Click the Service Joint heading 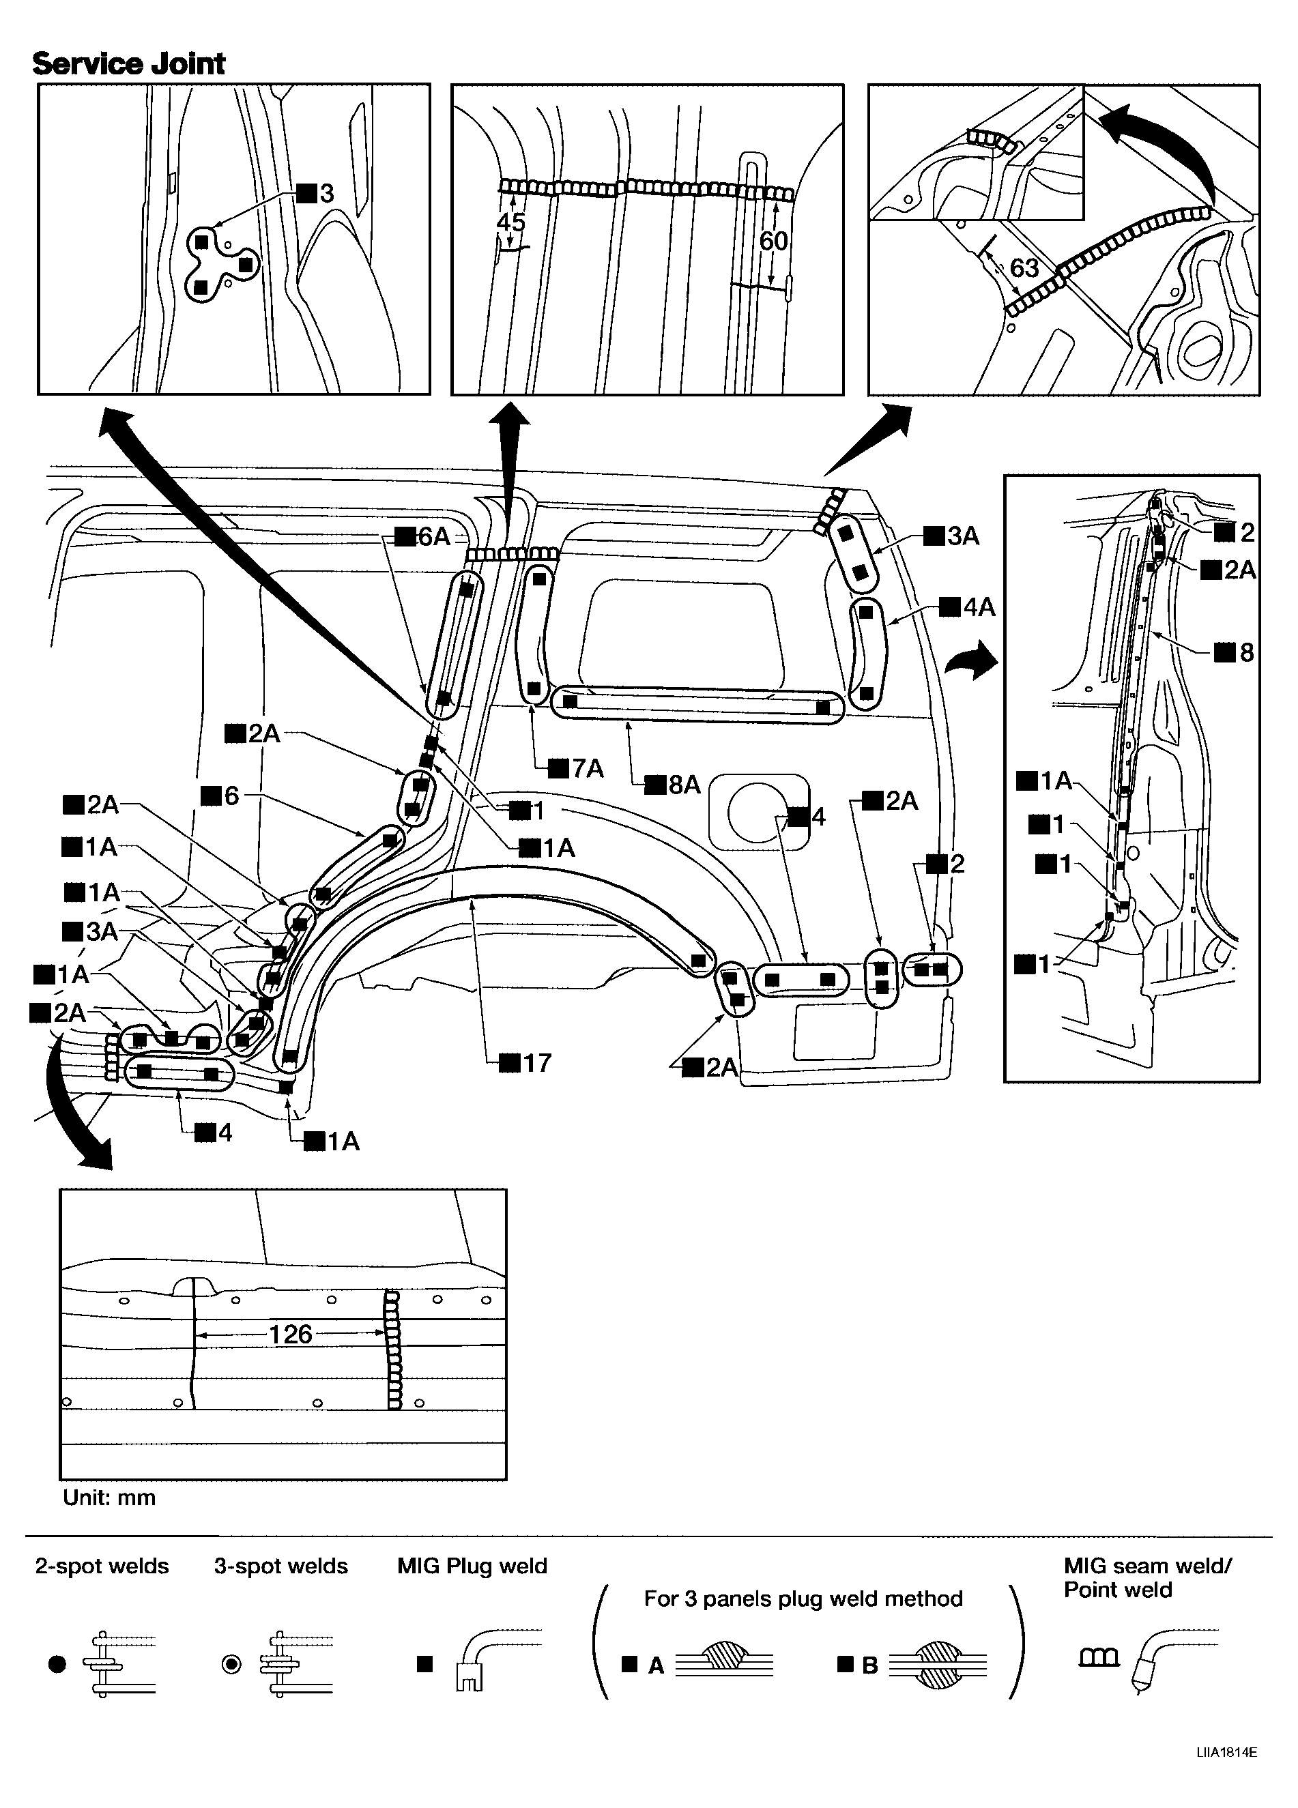[x=128, y=63]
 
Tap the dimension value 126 [x=290, y=1334]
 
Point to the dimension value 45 [x=510, y=222]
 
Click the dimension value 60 [x=773, y=240]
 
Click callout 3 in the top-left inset [x=317, y=193]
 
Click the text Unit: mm [x=109, y=1497]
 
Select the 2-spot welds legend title [x=102, y=1566]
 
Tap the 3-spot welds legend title [x=280, y=1566]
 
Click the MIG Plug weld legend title [x=472, y=1566]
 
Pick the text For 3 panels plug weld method [x=803, y=1599]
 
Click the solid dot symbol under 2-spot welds [x=57, y=1664]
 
